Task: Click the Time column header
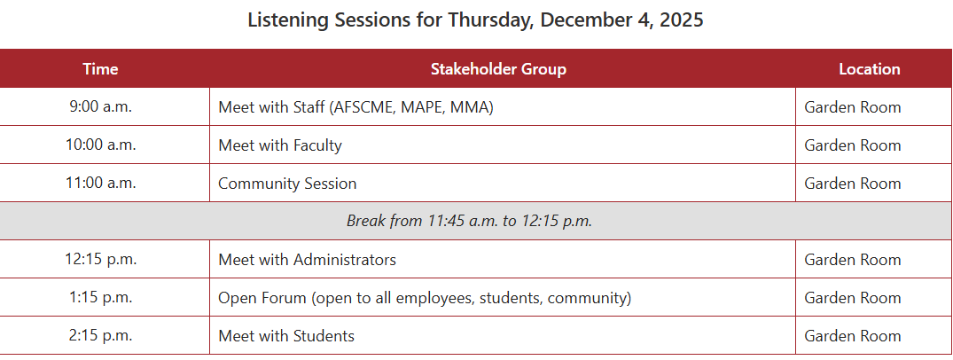(100, 69)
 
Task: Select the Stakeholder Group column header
(498, 69)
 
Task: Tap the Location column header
(870, 69)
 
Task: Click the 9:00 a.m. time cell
(100, 107)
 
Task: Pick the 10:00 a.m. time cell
(100, 145)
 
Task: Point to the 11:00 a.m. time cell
(100, 184)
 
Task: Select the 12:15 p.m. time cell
(100, 260)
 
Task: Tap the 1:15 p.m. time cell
(100, 298)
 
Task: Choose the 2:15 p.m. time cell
(100, 336)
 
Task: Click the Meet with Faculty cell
(280, 145)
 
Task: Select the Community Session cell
(287, 184)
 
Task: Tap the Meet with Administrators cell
(307, 260)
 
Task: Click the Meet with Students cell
(286, 336)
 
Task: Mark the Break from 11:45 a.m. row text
(469, 221)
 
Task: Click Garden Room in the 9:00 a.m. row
(853, 107)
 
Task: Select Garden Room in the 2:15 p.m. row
(853, 336)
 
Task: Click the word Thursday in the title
(489, 20)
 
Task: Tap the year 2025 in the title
(680, 20)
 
